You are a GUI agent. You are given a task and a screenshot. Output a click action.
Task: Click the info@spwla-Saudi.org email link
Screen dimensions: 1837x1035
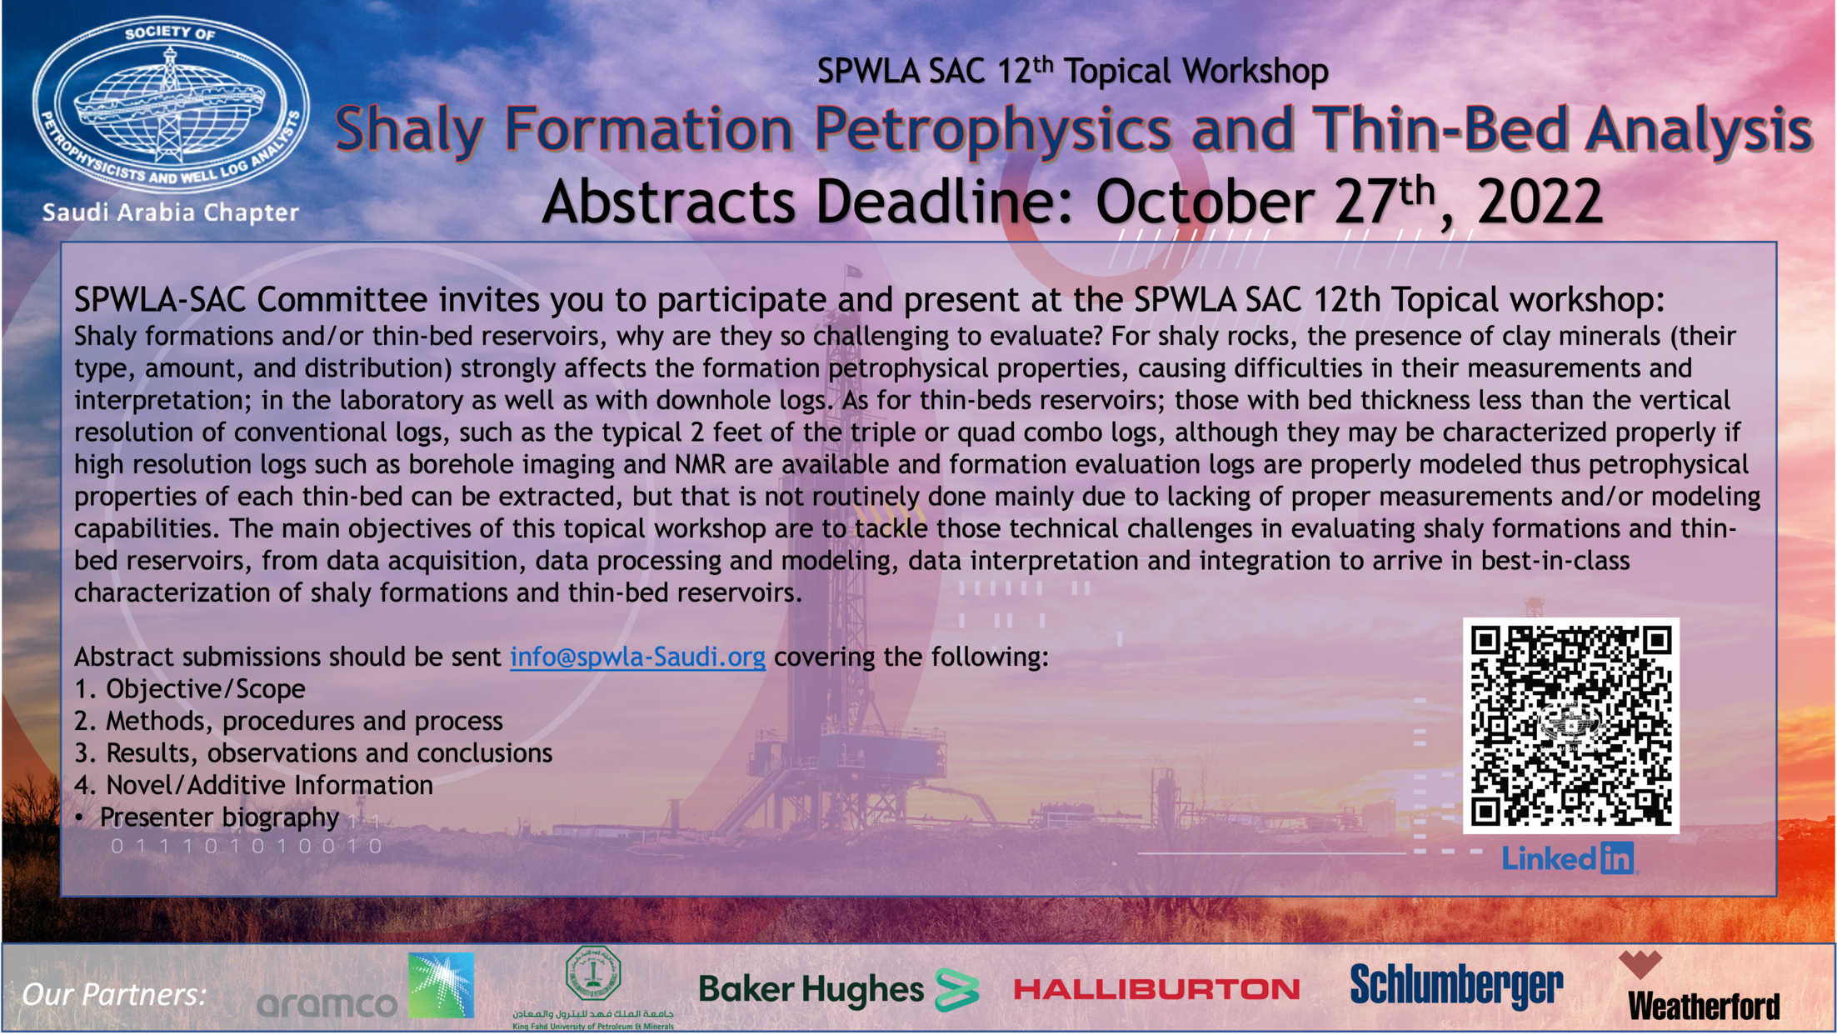(x=637, y=657)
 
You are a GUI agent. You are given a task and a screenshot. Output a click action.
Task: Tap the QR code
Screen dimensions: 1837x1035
(x=1570, y=725)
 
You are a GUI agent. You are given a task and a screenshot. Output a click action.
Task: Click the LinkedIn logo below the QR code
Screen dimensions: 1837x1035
(x=1569, y=857)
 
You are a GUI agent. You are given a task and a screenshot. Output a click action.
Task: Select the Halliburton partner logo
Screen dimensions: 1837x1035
(x=1156, y=989)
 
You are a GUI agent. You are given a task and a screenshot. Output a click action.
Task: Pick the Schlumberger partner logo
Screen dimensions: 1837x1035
(x=1456, y=986)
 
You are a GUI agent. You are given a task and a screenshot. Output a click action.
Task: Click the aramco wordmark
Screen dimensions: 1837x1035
(x=327, y=1004)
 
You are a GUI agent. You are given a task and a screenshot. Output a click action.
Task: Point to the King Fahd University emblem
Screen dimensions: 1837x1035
(x=592, y=973)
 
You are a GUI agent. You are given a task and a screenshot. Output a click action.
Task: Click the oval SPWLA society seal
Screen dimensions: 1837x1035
(x=170, y=107)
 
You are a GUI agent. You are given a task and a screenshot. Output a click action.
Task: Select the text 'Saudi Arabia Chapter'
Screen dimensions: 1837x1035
(x=171, y=212)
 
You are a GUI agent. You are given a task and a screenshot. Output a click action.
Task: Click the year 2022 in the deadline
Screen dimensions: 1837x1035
(x=1540, y=202)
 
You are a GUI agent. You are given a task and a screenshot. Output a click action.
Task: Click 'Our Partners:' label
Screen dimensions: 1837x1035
(x=114, y=994)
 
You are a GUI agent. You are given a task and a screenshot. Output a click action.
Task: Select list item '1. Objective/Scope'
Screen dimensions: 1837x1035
(x=190, y=689)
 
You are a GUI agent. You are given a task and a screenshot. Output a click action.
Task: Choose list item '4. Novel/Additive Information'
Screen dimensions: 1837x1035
(x=253, y=785)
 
